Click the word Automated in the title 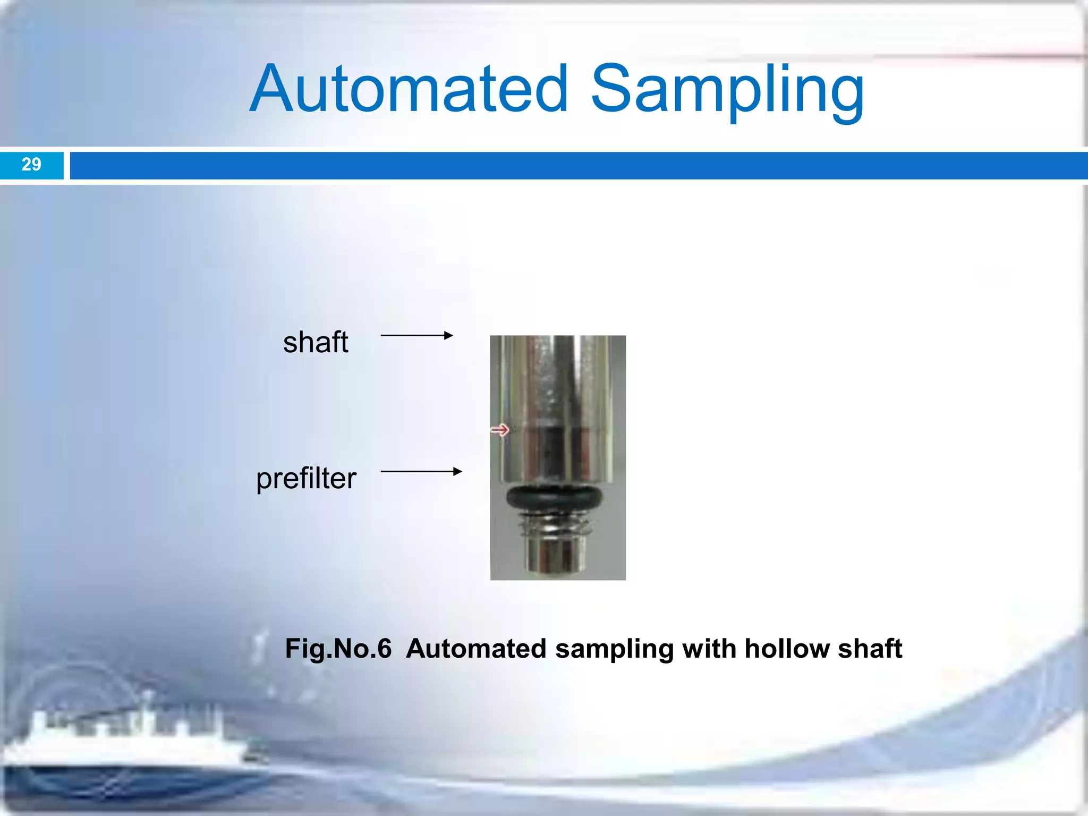coord(409,89)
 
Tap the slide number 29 coord(31,165)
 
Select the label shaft coord(316,342)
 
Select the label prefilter coord(306,478)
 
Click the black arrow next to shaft coord(416,335)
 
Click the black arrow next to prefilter coord(421,471)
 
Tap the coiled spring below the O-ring coord(556,526)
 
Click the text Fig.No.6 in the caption coord(338,649)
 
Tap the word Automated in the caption coord(476,649)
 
